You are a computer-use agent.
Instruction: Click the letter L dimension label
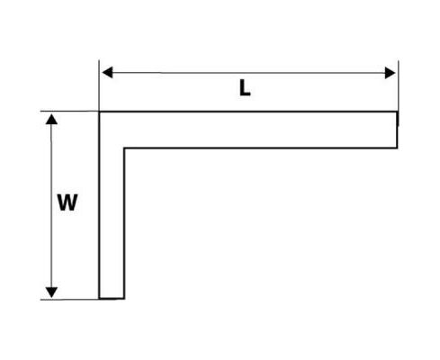(245, 89)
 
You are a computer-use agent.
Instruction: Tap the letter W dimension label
(67, 202)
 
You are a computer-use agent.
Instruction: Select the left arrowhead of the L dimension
(107, 73)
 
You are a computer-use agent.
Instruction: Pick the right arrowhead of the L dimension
(390, 73)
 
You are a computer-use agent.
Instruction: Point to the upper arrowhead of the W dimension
(51, 120)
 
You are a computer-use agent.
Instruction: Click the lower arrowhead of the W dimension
(51, 292)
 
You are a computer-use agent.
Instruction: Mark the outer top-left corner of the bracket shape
(99, 112)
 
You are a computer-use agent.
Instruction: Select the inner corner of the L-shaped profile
(124, 148)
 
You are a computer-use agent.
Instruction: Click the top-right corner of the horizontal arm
(398, 112)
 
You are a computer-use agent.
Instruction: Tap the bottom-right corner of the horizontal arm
(398, 148)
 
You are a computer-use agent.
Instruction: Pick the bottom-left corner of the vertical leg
(99, 299)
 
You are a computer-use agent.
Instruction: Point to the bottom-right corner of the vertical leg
(124, 299)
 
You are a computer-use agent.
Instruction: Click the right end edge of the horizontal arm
(398, 130)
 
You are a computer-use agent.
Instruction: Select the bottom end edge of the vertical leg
(112, 299)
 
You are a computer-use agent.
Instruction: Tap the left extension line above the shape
(99, 85)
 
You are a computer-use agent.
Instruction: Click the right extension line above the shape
(399, 85)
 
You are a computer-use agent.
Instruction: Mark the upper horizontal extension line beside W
(69, 112)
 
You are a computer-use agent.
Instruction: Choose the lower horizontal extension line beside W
(69, 300)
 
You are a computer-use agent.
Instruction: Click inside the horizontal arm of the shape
(260, 130)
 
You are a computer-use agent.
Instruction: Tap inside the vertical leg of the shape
(112, 222)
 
